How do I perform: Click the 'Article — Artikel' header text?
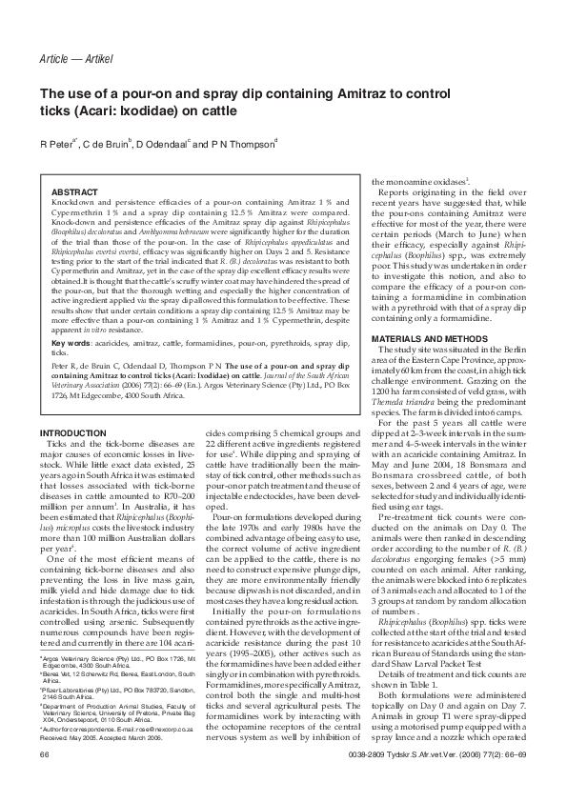77,33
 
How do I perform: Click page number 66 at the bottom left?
44,780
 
